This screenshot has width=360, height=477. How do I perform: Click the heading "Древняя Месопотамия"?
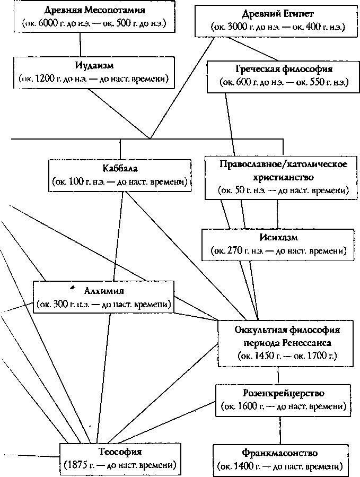click(80, 11)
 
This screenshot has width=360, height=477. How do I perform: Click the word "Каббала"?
click(120, 169)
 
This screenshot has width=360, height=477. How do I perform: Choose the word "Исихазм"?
click(278, 237)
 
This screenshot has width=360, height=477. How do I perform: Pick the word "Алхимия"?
click(104, 291)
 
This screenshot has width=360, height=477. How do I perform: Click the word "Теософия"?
click(119, 453)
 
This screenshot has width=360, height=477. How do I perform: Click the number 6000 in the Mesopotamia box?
click(51, 24)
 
